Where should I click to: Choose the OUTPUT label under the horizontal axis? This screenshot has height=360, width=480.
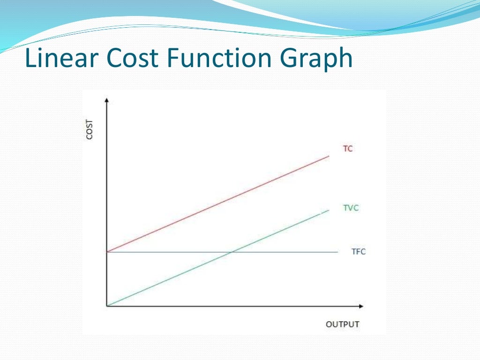click(x=342, y=324)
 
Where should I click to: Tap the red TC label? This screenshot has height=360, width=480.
click(x=348, y=149)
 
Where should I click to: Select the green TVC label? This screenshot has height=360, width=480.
click(x=351, y=208)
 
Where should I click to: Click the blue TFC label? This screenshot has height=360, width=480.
click(x=359, y=252)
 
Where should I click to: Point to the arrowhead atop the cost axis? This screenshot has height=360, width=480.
click(x=107, y=100)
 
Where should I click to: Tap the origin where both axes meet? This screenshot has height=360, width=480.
click(x=107, y=306)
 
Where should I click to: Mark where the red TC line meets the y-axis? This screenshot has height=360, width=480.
click(x=107, y=252)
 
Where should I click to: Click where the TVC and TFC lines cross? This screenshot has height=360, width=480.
click(x=232, y=252)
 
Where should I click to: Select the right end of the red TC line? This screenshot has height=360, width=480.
click(x=329, y=156)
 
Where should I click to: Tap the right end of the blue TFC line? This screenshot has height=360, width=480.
click(x=337, y=252)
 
